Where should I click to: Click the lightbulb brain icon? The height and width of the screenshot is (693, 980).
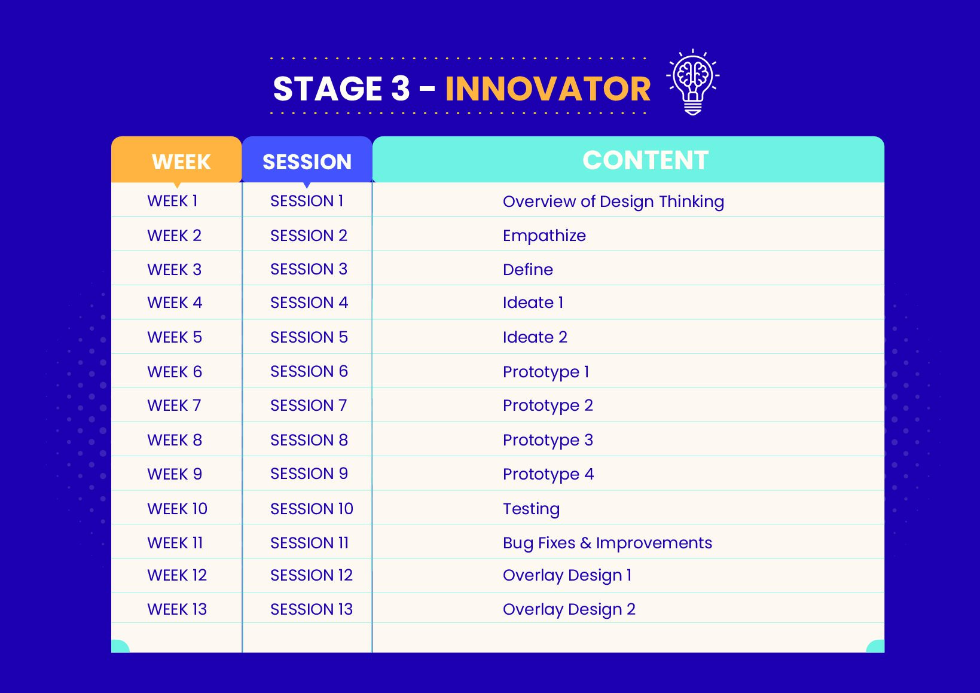coord(692,82)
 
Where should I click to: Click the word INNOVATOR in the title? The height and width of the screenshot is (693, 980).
coord(548,89)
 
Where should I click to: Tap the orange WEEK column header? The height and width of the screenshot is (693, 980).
coord(177,160)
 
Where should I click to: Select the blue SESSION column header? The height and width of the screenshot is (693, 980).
coord(307,160)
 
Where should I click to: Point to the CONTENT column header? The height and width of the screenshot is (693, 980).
coord(628,159)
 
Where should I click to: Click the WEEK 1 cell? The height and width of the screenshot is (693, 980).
coord(172,201)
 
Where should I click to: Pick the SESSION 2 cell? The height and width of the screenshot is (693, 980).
coord(309,236)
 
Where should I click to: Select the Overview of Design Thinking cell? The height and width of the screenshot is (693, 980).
coord(613,202)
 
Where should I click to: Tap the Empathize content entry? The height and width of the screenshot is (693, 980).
coord(544,236)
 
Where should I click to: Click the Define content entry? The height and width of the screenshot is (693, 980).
coord(527,270)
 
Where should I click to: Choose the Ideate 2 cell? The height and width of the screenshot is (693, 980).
coord(535,337)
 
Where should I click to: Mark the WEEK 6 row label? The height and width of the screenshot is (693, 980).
coord(175,372)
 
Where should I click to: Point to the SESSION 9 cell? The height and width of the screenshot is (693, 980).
coord(309,474)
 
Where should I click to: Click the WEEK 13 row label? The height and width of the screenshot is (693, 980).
coord(177,609)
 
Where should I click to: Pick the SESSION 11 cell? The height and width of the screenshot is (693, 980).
coord(309,543)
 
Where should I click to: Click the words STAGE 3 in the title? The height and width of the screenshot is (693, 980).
coord(341,89)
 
